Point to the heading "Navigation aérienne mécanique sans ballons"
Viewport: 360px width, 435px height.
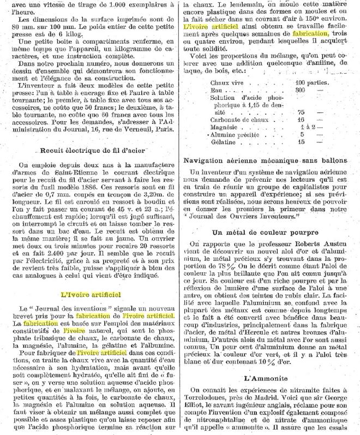tap(266, 161)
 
